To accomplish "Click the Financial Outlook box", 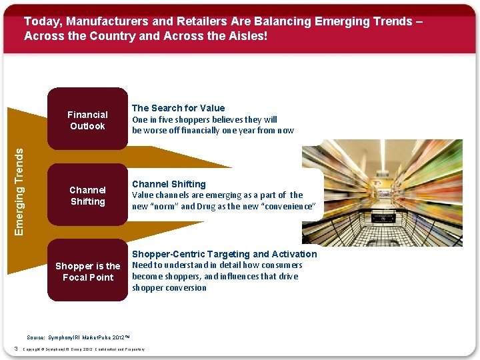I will click(87, 120).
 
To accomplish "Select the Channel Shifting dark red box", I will click(87, 195).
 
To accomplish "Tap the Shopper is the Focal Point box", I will click(87, 271).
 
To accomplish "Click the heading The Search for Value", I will click(178, 108).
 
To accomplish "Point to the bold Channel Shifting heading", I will click(169, 184).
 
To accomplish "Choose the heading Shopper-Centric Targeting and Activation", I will click(224, 254).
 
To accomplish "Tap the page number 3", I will click(14, 349).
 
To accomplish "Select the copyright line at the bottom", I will click(83, 349).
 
